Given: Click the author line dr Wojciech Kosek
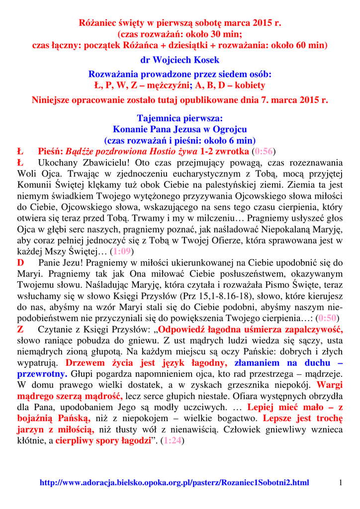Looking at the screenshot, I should click(180, 61).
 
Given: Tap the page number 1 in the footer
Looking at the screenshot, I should click(341, 483).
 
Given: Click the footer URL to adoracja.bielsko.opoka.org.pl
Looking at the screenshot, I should click(174, 483).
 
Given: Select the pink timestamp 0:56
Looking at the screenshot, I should click(264, 151).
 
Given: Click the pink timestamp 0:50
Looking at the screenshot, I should click(328, 318).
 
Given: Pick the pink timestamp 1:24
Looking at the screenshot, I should click(173, 440).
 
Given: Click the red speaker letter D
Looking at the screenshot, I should click(20, 262).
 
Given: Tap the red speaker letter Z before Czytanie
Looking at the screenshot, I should click(20, 330).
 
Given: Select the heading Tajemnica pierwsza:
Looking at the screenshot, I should click(180, 119).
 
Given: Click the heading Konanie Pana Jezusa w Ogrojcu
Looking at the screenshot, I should click(180, 129).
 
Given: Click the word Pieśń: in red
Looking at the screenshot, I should click(50, 151).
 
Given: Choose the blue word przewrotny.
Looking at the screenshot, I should click(42, 374).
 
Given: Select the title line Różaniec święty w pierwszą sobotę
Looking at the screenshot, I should click(180, 23).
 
